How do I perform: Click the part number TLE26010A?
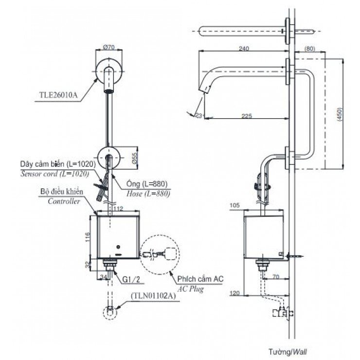pos(58,95)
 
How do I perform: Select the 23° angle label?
pos(198,115)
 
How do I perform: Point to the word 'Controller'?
pos(63,201)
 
